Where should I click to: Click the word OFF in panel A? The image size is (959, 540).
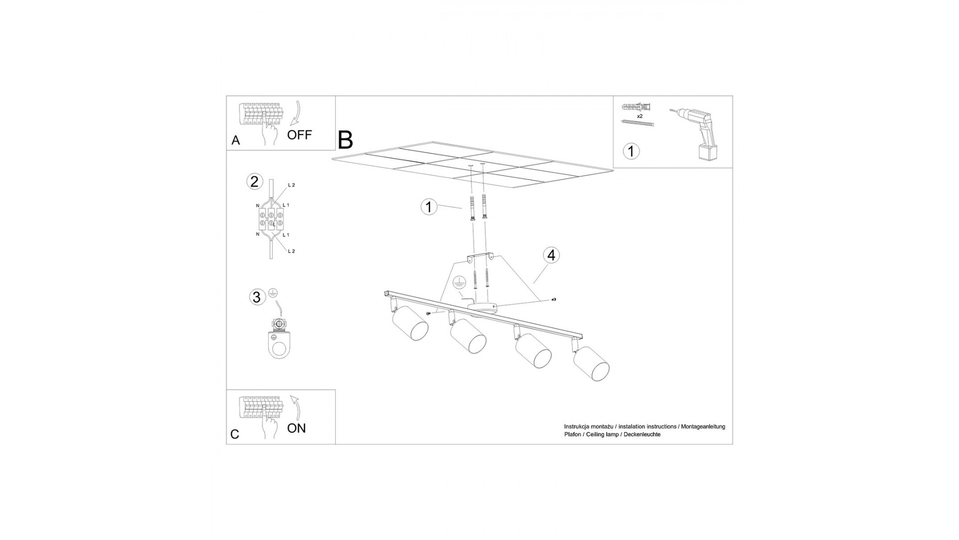pyautogui.click(x=299, y=134)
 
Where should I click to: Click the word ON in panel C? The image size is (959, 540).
pyautogui.click(x=297, y=428)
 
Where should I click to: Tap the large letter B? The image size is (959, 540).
pyautogui.click(x=346, y=140)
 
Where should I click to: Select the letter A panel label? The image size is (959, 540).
pyautogui.click(x=236, y=140)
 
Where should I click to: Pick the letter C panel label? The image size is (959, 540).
pyautogui.click(x=235, y=434)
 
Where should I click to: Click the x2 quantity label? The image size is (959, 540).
pyautogui.click(x=640, y=116)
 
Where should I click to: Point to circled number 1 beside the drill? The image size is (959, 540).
pyautogui.click(x=631, y=151)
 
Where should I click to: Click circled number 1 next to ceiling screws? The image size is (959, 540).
pyautogui.click(x=429, y=206)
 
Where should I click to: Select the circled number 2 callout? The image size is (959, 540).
pyautogui.click(x=255, y=181)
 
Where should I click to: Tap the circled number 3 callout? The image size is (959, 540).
pyautogui.click(x=257, y=297)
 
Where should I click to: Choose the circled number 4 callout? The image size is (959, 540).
pyautogui.click(x=551, y=255)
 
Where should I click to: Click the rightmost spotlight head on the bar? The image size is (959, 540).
pyautogui.click(x=591, y=362)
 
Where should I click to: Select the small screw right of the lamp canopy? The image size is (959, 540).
pyautogui.click(x=553, y=299)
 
